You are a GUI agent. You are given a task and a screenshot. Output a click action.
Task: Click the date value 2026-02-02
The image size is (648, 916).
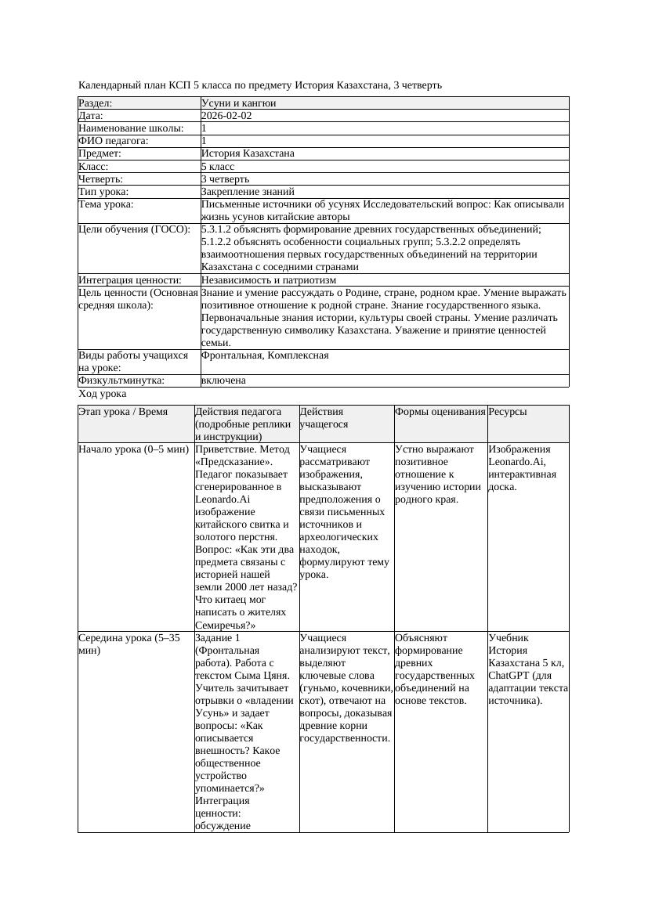[226, 115]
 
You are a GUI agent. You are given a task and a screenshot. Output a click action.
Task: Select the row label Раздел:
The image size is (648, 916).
[96, 103]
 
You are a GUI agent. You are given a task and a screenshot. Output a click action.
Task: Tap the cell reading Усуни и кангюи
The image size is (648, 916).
[238, 103]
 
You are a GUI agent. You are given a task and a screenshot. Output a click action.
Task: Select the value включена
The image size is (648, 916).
[223, 380]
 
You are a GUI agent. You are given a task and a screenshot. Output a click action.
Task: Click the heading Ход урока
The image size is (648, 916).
[103, 394]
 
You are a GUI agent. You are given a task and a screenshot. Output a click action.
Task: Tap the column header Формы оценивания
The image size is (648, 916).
[440, 411]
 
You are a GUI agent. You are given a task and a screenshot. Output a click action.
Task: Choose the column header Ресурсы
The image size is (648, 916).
[507, 411]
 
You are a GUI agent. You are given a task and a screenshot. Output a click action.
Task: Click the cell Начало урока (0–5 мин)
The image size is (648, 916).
[134, 449]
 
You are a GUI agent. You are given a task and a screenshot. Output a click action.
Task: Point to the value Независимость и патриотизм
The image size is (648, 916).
[269, 279]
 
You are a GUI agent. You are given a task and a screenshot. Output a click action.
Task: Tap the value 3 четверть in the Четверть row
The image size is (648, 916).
[226, 179]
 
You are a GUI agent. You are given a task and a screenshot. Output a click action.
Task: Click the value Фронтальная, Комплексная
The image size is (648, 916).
[265, 355]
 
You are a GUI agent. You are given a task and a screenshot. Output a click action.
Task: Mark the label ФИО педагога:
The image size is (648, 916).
[114, 141]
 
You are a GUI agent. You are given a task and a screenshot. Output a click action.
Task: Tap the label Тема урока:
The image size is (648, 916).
[106, 204]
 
